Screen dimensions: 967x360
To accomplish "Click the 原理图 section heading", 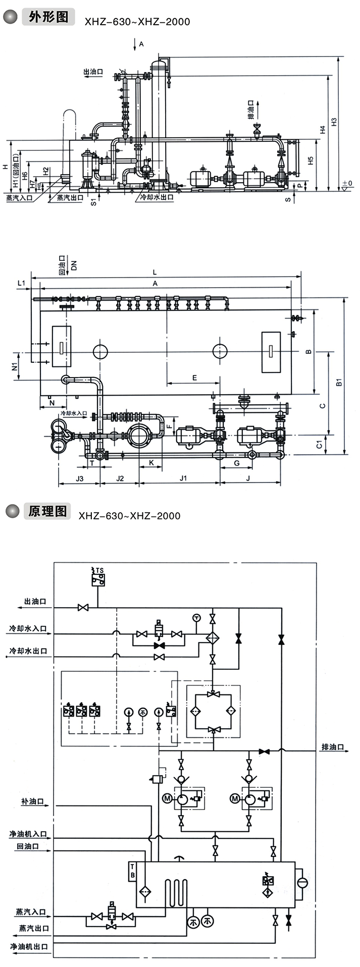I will pos(48,511).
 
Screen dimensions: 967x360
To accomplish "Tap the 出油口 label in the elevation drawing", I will pos(93,72).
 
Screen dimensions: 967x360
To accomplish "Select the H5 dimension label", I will pos(311,160).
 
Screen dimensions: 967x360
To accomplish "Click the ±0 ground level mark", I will pos(347,183).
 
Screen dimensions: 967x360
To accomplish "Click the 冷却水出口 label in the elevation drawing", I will pos(158,197).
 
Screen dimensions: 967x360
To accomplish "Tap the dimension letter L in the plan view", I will pos(155,272).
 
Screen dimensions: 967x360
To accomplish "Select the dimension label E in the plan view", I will pos(194,377).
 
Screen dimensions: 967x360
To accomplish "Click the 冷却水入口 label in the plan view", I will pos(74,413).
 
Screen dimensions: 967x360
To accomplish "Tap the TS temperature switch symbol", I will pos(98,577).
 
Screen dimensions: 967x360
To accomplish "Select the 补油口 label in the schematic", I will pos(33,801).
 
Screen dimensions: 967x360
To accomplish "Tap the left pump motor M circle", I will pos(168,798).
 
